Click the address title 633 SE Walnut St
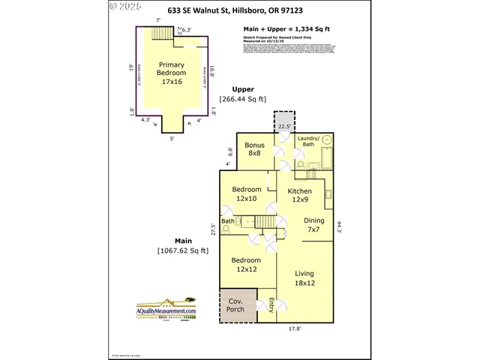click(240, 11)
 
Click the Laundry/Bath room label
click(307, 142)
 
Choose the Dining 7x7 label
click(314, 226)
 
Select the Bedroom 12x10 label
click(246, 193)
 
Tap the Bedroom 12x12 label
click(246, 264)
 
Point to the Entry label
click(271, 305)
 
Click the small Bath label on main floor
click(227, 221)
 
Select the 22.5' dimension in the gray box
click(283, 127)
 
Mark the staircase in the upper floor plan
click(161, 34)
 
